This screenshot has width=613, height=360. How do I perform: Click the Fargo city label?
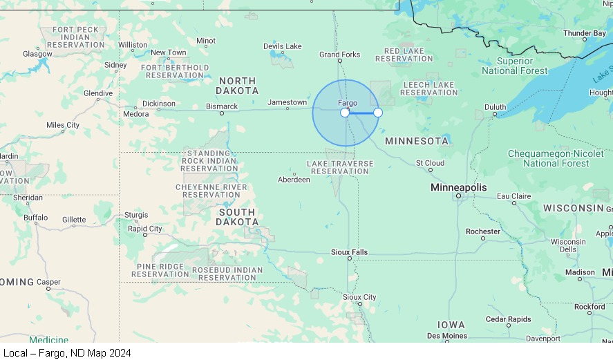click(348, 103)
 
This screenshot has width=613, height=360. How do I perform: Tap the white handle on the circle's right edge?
click(378, 113)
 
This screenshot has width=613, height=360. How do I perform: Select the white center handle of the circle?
click(345, 113)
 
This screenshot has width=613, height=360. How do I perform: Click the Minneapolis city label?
click(458, 187)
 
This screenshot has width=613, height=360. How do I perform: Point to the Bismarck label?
click(222, 106)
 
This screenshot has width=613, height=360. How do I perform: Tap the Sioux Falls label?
click(349, 252)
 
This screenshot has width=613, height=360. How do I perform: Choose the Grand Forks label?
click(339, 55)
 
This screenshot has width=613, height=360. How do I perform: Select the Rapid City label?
click(145, 229)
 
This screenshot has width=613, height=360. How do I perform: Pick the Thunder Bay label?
click(584, 33)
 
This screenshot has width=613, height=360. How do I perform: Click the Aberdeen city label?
click(294, 180)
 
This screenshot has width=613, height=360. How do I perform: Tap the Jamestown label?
click(287, 102)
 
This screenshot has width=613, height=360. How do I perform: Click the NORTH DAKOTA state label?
click(237, 86)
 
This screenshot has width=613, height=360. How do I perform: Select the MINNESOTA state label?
click(417, 141)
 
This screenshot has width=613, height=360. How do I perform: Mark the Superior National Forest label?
click(514, 66)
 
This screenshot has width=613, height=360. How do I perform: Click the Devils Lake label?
click(282, 46)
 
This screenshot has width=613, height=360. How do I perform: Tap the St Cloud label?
click(430, 163)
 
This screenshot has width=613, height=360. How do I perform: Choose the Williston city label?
click(133, 45)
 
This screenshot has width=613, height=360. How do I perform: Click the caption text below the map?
click(67, 352)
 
